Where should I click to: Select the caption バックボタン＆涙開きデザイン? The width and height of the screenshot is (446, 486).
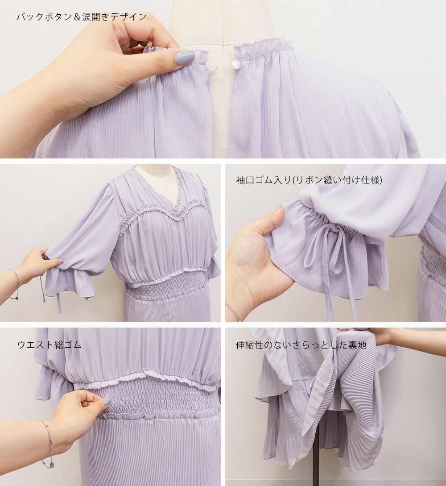click(82, 17)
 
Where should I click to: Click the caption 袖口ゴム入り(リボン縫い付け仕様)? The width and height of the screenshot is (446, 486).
click(309, 180)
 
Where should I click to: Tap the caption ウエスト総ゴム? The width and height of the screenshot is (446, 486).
click(50, 345)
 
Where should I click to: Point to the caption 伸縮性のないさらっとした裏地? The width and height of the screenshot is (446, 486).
click(301, 345)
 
